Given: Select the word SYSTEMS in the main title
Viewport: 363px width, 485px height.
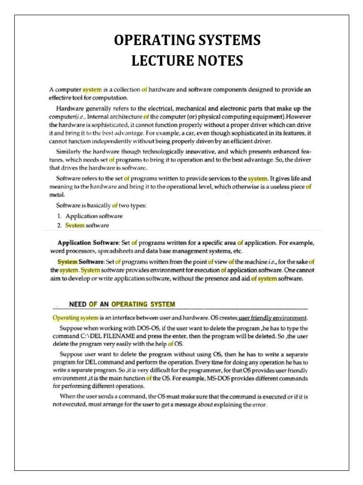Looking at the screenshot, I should pyautogui.click(x=224, y=41).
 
